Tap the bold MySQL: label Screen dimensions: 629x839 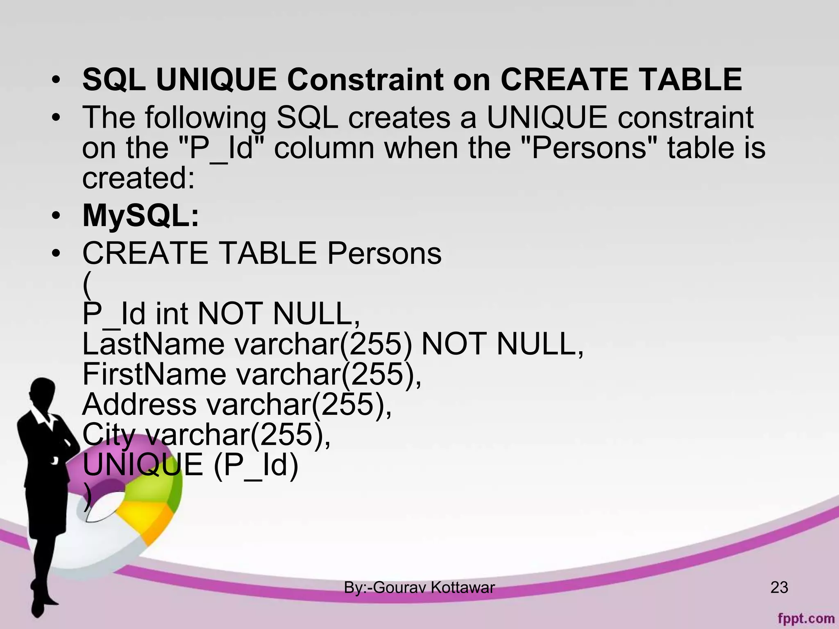click(141, 215)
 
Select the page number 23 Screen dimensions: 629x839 click(779, 587)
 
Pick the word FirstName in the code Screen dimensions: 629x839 click(154, 374)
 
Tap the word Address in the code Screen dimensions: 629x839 click(139, 404)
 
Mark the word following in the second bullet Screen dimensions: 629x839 click(205, 118)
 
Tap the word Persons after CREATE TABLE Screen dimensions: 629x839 click(384, 253)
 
